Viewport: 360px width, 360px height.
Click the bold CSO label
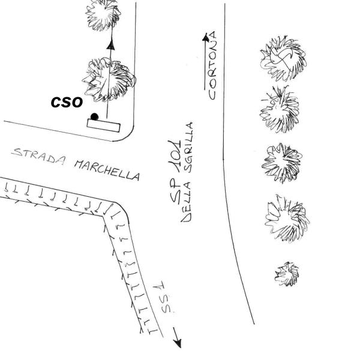[67, 102]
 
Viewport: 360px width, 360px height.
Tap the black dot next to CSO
[94, 116]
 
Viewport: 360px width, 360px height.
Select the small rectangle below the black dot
[104, 125]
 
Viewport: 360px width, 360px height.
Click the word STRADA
[38, 155]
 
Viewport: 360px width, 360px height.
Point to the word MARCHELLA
[107, 170]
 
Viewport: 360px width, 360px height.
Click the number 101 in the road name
[175, 152]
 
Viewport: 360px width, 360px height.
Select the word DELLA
[186, 202]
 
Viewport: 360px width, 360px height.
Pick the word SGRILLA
[190, 148]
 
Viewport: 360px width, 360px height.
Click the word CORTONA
[212, 65]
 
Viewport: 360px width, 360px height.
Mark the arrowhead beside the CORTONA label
[206, 37]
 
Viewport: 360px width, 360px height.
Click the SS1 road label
[165, 298]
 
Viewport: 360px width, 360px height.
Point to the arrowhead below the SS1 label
[178, 343]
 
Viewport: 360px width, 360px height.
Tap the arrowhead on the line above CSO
[111, 45]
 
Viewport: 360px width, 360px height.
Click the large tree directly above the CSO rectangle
[109, 79]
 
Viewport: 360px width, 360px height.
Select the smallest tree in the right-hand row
[287, 274]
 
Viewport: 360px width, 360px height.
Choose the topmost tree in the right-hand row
[283, 59]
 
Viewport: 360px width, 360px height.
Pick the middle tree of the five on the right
[282, 163]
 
